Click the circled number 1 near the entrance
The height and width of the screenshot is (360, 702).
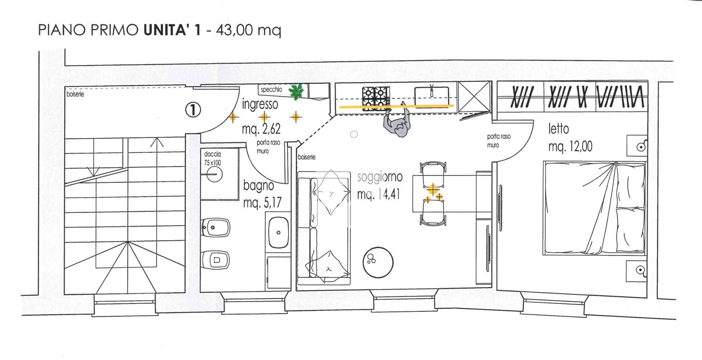click(193, 110)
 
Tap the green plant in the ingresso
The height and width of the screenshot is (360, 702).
click(296, 91)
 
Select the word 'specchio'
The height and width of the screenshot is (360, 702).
click(271, 90)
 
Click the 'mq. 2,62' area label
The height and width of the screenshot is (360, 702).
click(261, 129)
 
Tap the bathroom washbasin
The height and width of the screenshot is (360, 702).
click(279, 233)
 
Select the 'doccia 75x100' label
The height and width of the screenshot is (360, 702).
click(213, 158)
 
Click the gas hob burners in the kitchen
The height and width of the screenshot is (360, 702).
click(376, 96)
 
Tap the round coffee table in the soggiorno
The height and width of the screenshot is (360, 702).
click(378, 262)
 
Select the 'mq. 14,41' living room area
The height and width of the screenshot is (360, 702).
click(379, 195)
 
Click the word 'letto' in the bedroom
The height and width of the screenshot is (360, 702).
click(559, 129)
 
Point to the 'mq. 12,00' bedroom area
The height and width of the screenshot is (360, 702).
click(571, 146)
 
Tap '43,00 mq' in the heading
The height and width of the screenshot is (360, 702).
click(248, 31)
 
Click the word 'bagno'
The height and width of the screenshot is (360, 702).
click(259, 186)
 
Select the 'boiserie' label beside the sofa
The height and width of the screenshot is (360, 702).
click(306, 157)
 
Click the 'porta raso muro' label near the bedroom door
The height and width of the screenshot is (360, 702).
click(498, 141)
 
